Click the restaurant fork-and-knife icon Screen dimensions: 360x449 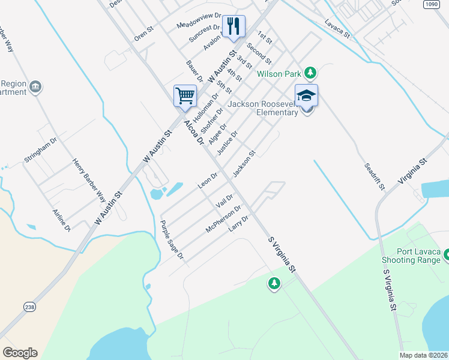click(233, 26)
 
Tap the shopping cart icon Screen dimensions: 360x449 click(185, 95)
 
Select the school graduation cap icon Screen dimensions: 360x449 click(306, 95)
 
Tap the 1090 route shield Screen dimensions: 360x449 click(430, 4)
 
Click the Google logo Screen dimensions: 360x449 click(20, 353)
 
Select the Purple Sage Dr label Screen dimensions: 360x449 click(172, 239)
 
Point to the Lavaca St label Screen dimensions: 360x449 click(337, 31)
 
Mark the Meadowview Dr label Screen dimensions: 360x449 click(199, 22)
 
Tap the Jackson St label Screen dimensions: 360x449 click(244, 163)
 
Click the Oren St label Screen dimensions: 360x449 click(145, 32)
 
